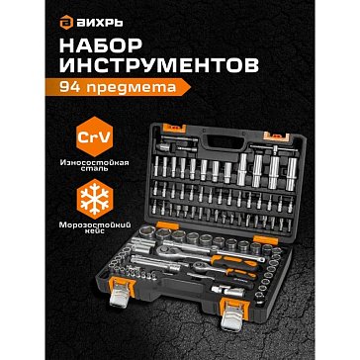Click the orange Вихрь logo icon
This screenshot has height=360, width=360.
[66, 24]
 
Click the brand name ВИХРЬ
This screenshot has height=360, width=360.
[99, 24]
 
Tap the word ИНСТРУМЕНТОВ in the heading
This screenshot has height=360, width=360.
[159, 65]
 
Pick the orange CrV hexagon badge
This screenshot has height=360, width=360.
[95, 136]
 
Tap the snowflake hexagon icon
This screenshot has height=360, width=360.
[95, 199]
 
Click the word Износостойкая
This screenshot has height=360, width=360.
[94, 162]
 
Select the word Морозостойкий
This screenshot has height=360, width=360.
[94, 225]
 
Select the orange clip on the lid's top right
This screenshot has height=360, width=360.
[278, 135]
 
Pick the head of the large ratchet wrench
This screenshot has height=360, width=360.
[164, 252]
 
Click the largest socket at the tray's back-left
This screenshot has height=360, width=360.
[146, 232]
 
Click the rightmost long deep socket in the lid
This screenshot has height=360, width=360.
[291, 174]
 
